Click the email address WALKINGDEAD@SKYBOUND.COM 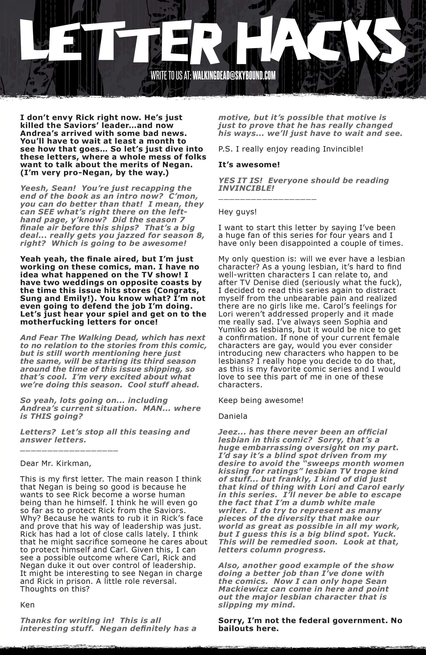coord(234,76)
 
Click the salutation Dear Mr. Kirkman coord(55,463)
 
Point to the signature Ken coord(27,605)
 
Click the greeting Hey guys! coord(237,212)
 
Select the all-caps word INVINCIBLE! coord(246,188)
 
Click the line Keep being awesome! coord(261,400)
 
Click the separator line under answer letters coord(69,451)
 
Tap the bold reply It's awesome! coord(249,165)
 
